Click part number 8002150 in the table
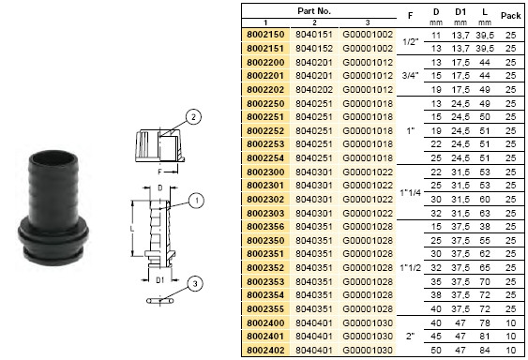[265, 35]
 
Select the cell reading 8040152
[314, 49]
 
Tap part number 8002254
[265, 157]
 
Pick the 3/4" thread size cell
[410, 76]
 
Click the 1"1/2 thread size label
[410, 268]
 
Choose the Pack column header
[510, 16]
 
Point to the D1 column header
[460, 12]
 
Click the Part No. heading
[314, 10]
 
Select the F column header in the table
[410, 16]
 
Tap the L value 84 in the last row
[485, 351]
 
